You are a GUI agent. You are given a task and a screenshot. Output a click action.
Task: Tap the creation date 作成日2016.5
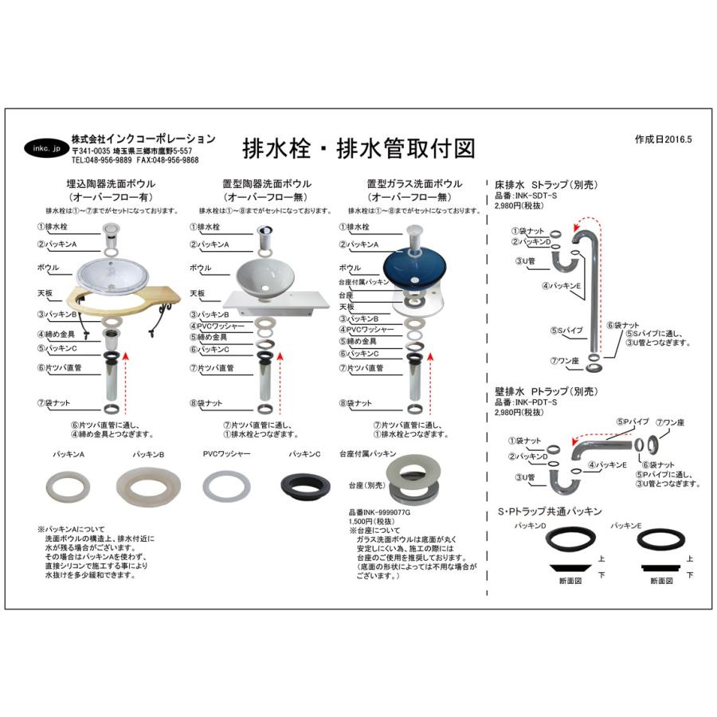(664, 139)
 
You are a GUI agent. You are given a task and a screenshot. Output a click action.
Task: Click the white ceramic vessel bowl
(266, 272)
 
